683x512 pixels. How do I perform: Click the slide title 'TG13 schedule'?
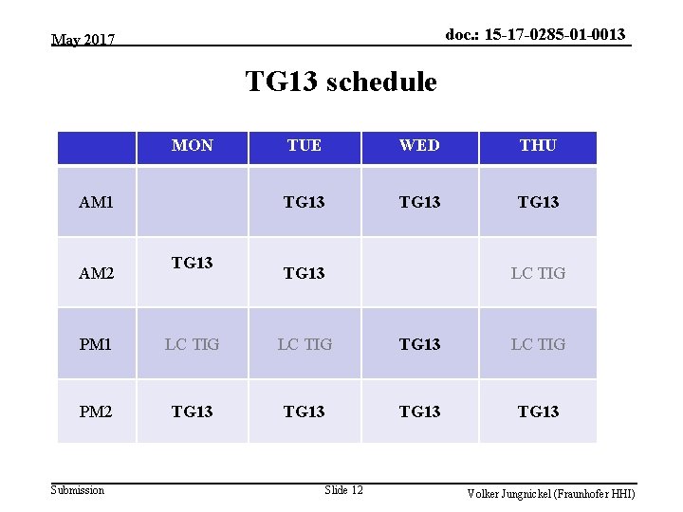[341, 82]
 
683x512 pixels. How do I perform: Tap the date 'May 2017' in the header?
[83, 40]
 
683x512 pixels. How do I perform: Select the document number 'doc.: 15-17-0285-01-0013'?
[535, 34]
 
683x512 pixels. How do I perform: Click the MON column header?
[193, 146]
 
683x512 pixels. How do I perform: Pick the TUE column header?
[305, 146]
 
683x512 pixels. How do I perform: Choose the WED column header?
[419, 146]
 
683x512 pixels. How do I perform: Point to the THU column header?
[538, 146]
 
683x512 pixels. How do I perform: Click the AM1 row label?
[96, 202]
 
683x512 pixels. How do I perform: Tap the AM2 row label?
[96, 273]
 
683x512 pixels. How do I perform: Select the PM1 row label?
[96, 344]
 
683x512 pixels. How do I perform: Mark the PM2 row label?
[96, 411]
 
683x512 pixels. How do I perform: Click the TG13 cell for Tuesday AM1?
[305, 202]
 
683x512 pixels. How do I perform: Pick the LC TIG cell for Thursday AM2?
[538, 273]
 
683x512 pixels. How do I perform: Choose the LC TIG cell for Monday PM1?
[193, 344]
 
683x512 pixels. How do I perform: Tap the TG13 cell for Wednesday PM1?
[419, 344]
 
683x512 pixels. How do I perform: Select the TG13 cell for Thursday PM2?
[538, 411]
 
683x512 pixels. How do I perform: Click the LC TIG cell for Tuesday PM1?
[305, 344]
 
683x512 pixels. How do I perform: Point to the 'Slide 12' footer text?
[343, 490]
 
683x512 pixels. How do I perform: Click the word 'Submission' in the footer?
[78, 490]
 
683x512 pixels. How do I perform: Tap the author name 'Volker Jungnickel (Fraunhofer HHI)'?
[550, 494]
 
